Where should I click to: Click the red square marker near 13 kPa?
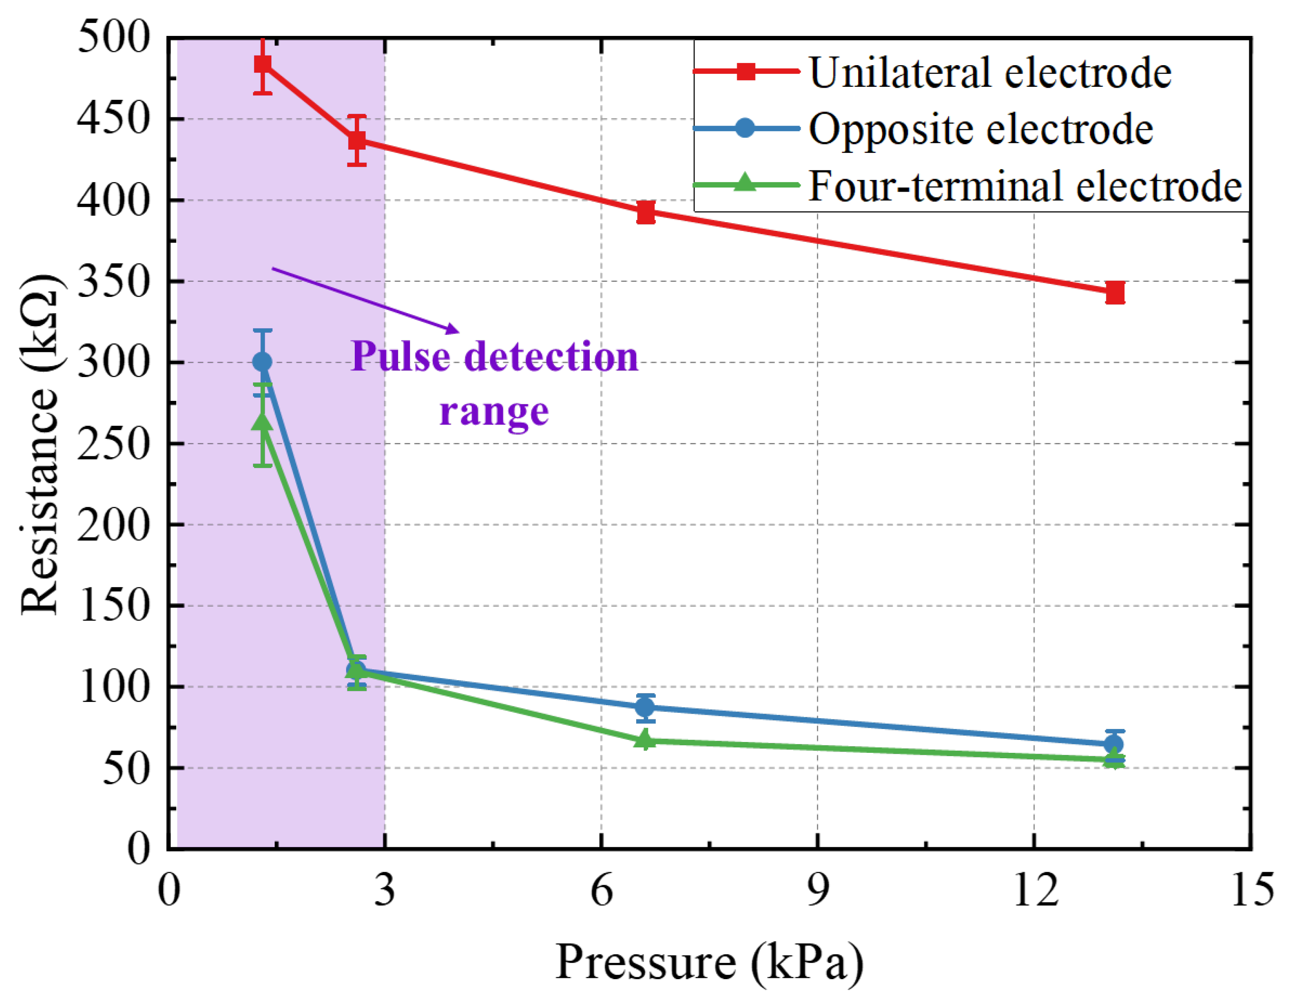[x=1114, y=292]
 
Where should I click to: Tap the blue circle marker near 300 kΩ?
[x=262, y=362]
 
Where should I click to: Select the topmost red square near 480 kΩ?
[x=263, y=64]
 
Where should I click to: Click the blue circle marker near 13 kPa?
[x=1114, y=744]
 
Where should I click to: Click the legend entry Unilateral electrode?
[x=990, y=73]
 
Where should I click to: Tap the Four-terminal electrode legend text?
[x=1025, y=186]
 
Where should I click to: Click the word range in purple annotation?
[x=494, y=412]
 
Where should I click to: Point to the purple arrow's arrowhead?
[x=453, y=329]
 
